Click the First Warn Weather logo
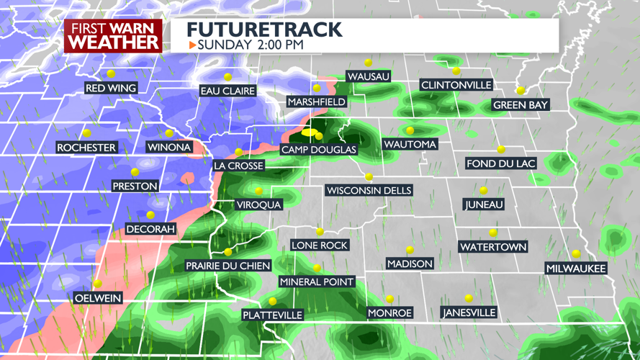[x=113, y=35]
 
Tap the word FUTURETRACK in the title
[x=264, y=30]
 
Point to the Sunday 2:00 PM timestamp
[x=251, y=45]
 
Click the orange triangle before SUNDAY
[x=192, y=45]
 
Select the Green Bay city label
[x=520, y=105]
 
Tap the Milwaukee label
[x=576, y=269]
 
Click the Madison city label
[x=410, y=264]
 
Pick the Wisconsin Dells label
[x=369, y=191]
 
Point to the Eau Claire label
[x=227, y=91]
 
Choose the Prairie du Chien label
[x=227, y=266]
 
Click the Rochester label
[x=86, y=148]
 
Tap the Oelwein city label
[x=98, y=298]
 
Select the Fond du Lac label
[x=501, y=163]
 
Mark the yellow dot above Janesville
[x=469, y=298]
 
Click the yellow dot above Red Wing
[x=111, y=74]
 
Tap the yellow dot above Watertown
[x=493, y=233]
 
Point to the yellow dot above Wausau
[x=368, y=63]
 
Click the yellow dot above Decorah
[x=150, y=215]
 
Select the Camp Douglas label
[x=318, y=150]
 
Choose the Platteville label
[x=272, y=315]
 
